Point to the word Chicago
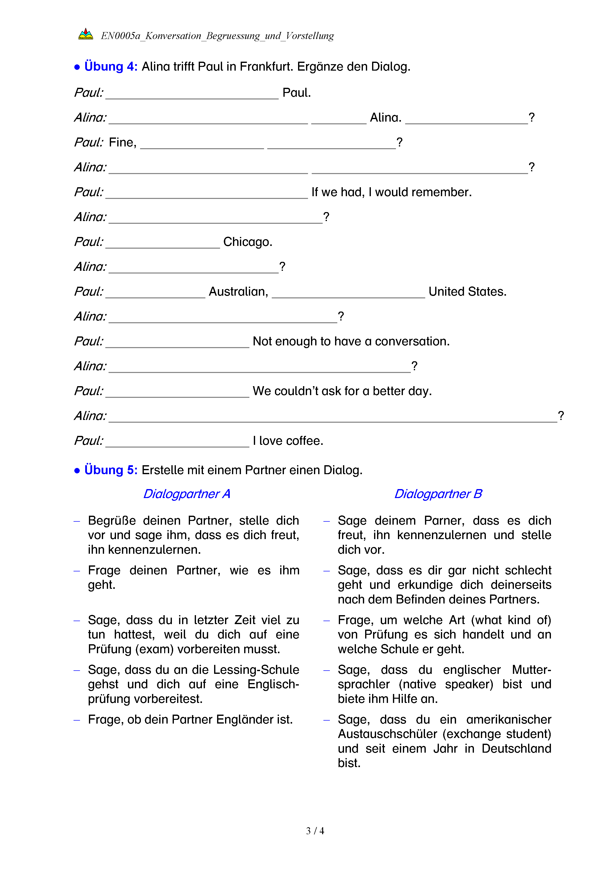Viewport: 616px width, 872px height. (247, 242)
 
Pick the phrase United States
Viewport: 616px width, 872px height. (467, 292)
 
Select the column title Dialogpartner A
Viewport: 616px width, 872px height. (187, 494)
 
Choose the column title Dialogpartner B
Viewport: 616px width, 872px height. (438, 494)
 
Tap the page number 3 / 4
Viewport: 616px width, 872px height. (315, 831)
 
